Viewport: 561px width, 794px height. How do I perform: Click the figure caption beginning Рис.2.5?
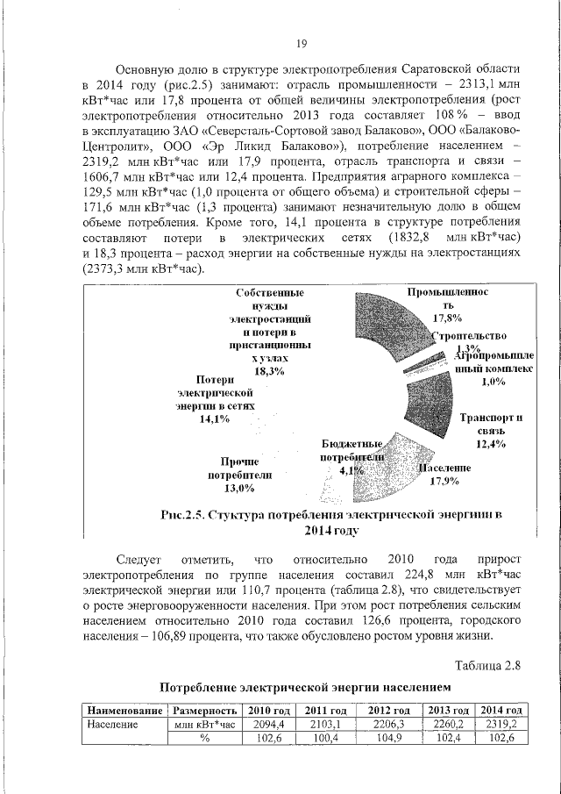point(332,523)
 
